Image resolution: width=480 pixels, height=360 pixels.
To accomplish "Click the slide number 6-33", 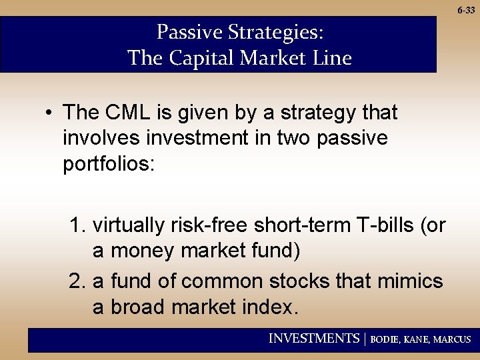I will (x=466, y=11).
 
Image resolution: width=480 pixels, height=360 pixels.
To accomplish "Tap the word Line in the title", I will (x=331, y=59).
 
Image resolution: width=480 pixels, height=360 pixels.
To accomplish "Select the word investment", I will (x=193, y=138).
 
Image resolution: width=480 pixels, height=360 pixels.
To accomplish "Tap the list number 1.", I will (x=77, y=226).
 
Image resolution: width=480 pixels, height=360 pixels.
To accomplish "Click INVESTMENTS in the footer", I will (x=313, y=339).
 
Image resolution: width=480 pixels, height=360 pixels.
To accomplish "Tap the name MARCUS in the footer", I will (x=452, y=339).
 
